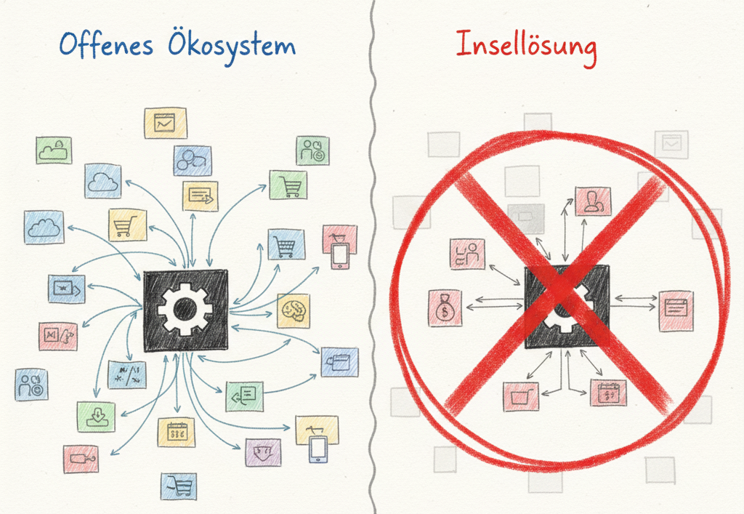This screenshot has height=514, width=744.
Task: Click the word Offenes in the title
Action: click(106, 46)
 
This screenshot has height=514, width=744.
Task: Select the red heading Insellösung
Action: click(526, 46)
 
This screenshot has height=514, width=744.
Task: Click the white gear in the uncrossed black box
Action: click(185, 309)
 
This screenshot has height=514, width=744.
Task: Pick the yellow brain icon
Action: click(293, 310)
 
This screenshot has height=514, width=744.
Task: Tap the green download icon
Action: click(96, 417)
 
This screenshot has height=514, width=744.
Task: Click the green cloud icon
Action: click(54, 150)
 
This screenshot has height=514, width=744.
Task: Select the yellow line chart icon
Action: click(165, 123)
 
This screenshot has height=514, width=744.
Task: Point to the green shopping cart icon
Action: click(288, 185)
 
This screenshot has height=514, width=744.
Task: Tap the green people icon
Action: click(312, 150)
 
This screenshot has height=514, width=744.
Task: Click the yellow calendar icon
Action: click(176, 432)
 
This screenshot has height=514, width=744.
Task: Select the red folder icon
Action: click(521, 397)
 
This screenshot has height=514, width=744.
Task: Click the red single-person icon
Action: click(593, 201)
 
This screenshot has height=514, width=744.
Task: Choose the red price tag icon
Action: click(81, 459)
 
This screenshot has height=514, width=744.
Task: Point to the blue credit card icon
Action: click(339, 361)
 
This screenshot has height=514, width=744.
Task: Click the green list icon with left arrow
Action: click(244, 395)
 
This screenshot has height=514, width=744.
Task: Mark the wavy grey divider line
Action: click(373, 254)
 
